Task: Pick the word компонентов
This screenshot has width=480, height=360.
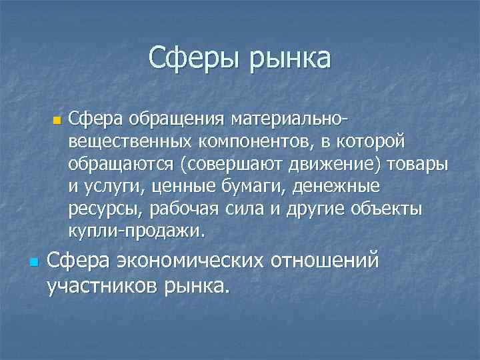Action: (255, 143)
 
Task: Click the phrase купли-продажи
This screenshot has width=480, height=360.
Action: (138, 231)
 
